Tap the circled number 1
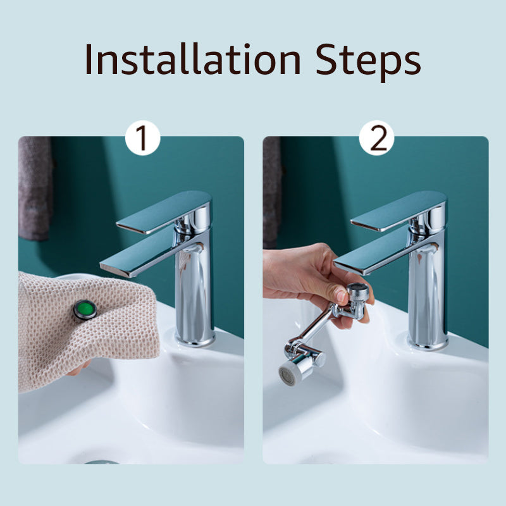143,139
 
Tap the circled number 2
378,139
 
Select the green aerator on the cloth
85,310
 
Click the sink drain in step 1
101,462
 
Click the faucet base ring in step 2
428,343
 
